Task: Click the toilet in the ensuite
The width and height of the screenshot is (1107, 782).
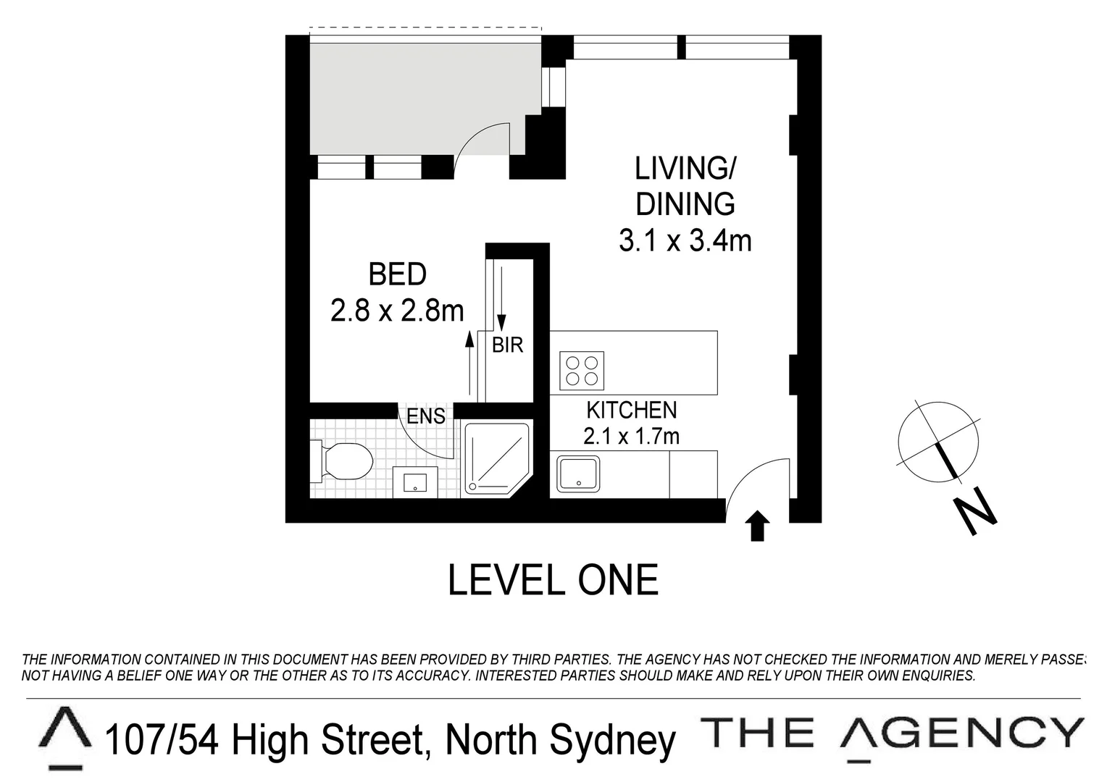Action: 344,461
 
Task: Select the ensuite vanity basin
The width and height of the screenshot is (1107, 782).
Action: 415,482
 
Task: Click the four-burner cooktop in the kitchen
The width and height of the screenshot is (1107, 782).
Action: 582,370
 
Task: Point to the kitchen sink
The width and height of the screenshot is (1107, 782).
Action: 577,474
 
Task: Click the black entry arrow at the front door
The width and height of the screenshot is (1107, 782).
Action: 757,526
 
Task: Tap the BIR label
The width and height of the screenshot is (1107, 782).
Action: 507,345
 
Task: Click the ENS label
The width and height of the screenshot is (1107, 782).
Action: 425,416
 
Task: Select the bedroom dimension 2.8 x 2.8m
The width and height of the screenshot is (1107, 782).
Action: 397,311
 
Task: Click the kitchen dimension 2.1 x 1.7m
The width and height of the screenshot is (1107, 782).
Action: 631,436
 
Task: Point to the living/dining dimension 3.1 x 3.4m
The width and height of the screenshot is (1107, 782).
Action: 685,240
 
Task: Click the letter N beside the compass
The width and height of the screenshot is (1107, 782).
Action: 975,511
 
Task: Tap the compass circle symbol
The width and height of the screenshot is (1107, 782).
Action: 938,441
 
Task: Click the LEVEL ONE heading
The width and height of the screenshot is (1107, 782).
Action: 553,581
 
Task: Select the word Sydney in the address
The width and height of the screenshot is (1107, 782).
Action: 612,740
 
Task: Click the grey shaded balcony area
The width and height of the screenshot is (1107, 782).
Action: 413,94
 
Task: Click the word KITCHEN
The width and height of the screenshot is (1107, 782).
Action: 631,410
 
